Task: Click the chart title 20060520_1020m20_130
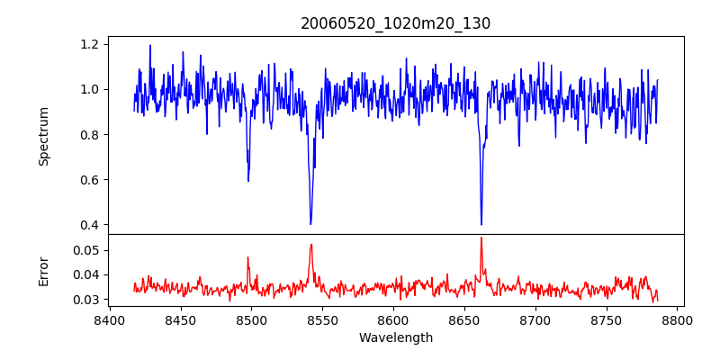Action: point(395,23)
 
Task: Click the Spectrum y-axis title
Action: point(43,136)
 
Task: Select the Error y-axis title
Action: point(43,270)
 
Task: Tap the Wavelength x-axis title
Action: point(395,338)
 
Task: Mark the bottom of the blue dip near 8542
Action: point(310,224)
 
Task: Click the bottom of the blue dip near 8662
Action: point(481,224)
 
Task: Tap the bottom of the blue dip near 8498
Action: point(248,181)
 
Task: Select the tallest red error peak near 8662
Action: point(481,238)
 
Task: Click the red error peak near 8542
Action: point(311,244)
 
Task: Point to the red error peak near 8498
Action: point(247,257)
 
